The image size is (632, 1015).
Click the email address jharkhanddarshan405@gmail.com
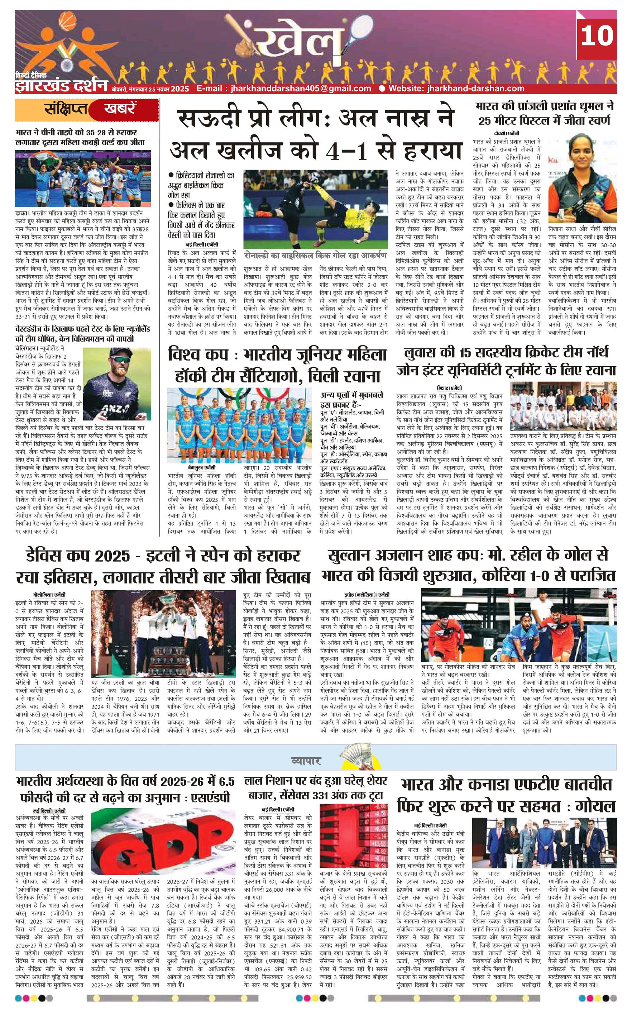284,88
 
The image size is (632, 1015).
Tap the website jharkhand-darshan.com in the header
456,88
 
